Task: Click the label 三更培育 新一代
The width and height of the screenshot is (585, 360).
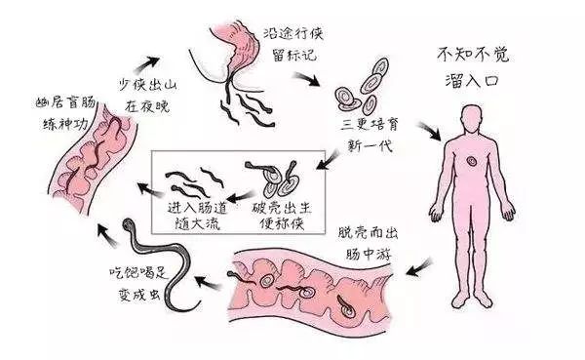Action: tap(366, 134)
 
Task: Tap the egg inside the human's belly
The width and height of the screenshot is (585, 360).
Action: tap(471, 163)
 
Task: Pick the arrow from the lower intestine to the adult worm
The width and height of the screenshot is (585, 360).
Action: tap(208, 283)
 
